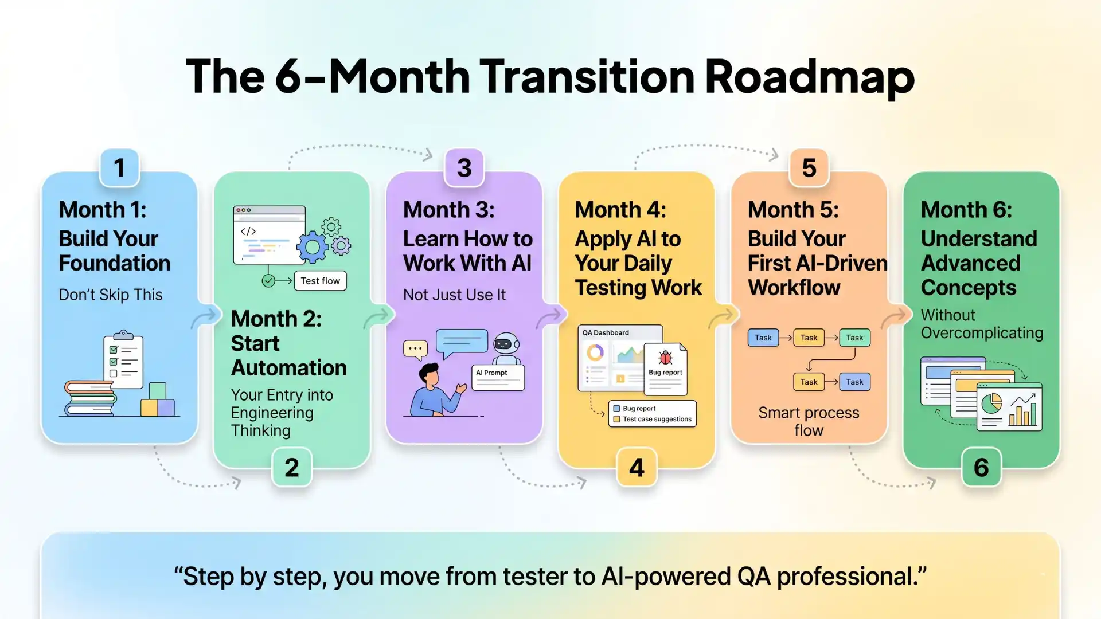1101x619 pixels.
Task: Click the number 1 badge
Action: coord(119,168)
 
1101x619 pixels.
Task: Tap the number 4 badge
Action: coord(637,468)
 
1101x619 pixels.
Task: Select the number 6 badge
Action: coord(981,468)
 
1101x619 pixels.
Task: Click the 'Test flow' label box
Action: coord(320,281)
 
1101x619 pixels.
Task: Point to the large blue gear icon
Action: coord(312,247)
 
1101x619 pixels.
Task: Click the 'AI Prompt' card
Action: coord(498,378)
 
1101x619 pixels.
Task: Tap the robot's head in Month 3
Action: coord(505,343)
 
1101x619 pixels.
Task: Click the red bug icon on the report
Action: coord(665,358)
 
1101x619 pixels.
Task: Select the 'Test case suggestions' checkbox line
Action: coord(653,420)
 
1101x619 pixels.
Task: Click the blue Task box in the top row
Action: coord(763,338)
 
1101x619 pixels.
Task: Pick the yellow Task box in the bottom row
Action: coord(809,382)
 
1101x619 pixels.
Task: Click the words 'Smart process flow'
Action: coord(809,421)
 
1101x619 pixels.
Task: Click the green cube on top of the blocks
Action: coord(157,391)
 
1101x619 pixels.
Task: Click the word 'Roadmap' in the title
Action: coord(809,77)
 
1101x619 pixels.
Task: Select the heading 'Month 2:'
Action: coord(276,319)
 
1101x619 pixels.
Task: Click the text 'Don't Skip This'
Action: coord(111,295)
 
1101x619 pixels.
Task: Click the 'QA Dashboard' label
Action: coord(606,332)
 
